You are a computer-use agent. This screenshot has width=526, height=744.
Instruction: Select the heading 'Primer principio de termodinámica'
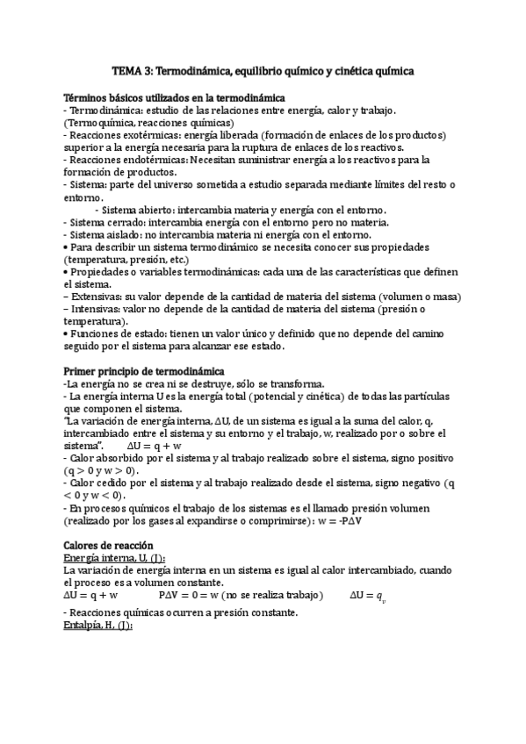[145, 372]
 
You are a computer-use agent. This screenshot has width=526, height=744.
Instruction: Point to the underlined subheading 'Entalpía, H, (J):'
[98, 626]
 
